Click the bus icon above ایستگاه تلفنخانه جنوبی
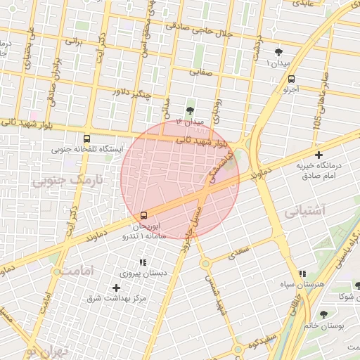point(86,139)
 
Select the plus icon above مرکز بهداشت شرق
point(116,288)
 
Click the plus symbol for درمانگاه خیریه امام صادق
point(319,155)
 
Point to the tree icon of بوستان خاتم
point(323,314)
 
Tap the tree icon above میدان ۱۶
point(190,110)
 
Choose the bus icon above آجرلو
point(292,79)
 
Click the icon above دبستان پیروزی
point(143,262)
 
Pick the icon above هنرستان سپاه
point(302,274)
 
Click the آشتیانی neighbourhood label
point(304,210)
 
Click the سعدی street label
point(239,250)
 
